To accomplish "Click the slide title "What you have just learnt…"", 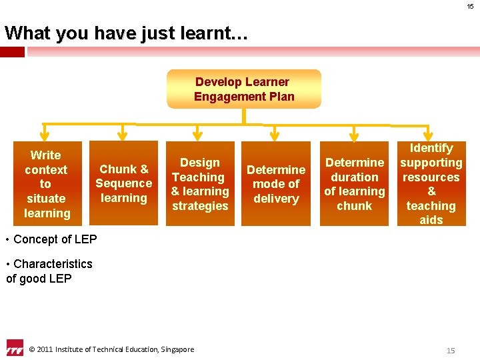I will click(126, 33).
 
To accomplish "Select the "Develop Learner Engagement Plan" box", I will click(243, 89).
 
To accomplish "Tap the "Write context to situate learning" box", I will click(46, 184).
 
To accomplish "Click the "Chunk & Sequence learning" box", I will click(123, 183).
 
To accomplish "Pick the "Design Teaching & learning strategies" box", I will click(200, 184).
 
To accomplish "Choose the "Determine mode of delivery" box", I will click(276, 184).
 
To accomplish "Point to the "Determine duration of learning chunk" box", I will click(354, 184).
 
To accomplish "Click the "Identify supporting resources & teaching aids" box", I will click(431, 184).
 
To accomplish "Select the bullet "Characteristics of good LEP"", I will click(49, 271).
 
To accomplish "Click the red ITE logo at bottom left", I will click(14, 348).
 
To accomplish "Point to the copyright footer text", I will click(111, 349).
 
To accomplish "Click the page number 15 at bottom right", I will click(451, 350).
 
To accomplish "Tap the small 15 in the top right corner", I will click(470, 7).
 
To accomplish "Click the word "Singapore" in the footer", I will click(177, 349).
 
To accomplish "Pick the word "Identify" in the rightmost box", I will click(431, 148).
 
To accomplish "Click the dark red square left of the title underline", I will click(13, 51).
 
